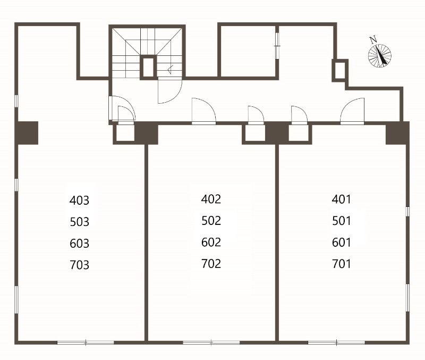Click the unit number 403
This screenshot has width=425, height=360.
[79, 200]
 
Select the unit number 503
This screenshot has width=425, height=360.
[79, 222]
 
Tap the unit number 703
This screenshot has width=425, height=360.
[79, 265]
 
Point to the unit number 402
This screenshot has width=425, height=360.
[211, 199]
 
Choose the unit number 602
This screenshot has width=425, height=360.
[211, 242]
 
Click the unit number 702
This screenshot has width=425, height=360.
[211, 263]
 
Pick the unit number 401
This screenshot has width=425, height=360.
[341, 199]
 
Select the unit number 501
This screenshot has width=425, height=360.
[342, 221]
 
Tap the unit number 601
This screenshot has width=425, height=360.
[342, 242]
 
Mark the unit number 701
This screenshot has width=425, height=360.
[342, 264]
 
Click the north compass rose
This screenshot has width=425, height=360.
[380, 56]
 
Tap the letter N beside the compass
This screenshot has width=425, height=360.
[373, 40]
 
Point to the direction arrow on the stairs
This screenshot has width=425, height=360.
[171, 70]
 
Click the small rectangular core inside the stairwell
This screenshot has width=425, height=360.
[148, 68]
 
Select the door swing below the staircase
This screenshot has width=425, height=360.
[170, 90]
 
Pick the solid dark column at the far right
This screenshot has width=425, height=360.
[397, 133]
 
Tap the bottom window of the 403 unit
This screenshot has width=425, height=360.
[86, 342]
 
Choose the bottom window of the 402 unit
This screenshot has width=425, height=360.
[211, 342]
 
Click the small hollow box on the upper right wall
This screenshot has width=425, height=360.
[340, 71]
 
